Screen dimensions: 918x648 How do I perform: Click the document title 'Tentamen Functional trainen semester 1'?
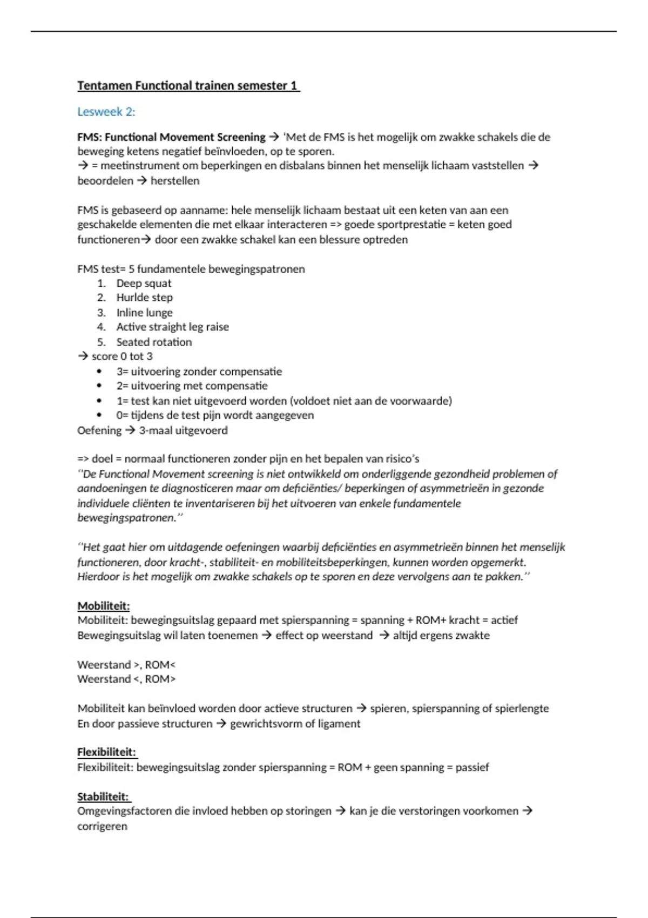click(x=188, y=85)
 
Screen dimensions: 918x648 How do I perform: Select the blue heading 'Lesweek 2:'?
click(x=106, y=112)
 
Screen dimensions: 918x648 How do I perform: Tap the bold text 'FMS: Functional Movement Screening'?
click(x=171, y=137)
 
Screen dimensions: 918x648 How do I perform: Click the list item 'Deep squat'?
click(x=144, y=283)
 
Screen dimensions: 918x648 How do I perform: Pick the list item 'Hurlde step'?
click(x=144, y=298)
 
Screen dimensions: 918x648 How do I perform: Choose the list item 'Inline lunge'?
click(x=144, y=313)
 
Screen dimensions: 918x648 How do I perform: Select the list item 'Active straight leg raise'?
click(x=172, y=327)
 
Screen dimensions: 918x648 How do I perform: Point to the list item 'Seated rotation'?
click(x=154, y=342)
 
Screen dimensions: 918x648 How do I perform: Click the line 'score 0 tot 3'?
click(x=122, y=356)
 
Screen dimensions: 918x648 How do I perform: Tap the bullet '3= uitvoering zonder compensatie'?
click(x=199, y=372)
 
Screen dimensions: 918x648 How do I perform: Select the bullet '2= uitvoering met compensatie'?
click(x=192, y=386)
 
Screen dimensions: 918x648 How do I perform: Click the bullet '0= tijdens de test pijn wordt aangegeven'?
click(x=214, y=415)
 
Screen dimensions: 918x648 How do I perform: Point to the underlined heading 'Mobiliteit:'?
click(x=103, y=606)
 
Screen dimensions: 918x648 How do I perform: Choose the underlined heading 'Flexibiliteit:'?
click(x=106, y=752)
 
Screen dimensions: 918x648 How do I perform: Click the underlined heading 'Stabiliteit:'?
click(x=103, y=796)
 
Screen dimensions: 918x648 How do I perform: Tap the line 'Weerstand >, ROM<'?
click(x=126, y=665)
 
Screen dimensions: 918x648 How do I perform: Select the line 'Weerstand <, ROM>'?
click(x=126, y=679)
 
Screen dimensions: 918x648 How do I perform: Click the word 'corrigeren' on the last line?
click(x=102, y=826)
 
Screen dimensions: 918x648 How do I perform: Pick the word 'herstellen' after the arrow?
click(x=175, y=181)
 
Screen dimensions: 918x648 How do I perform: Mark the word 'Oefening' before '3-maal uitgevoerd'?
click(x=99, y=430)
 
